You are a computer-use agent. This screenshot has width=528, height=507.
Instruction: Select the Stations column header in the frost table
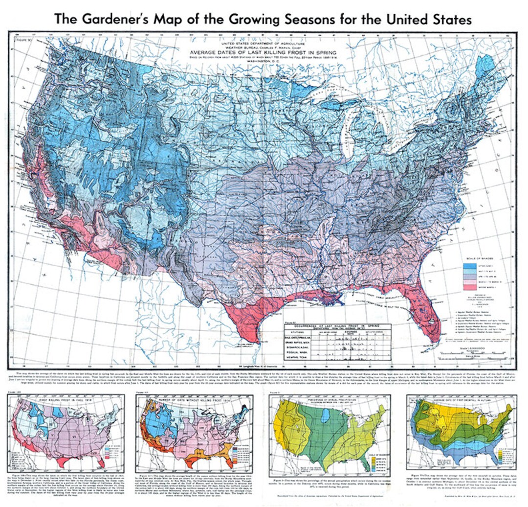295,330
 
